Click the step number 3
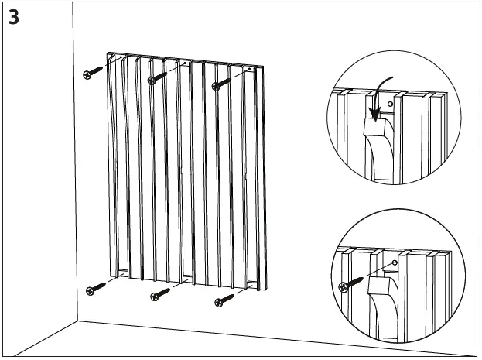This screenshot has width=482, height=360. [15, 16]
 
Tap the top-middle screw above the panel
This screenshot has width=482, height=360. [158, 77]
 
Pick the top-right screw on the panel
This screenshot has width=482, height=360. [221, 81]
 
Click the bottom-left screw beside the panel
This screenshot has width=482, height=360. [97, 290]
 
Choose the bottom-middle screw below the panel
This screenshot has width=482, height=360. [160, 294]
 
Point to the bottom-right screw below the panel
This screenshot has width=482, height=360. [224, 299]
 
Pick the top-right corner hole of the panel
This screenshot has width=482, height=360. [251, 69]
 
